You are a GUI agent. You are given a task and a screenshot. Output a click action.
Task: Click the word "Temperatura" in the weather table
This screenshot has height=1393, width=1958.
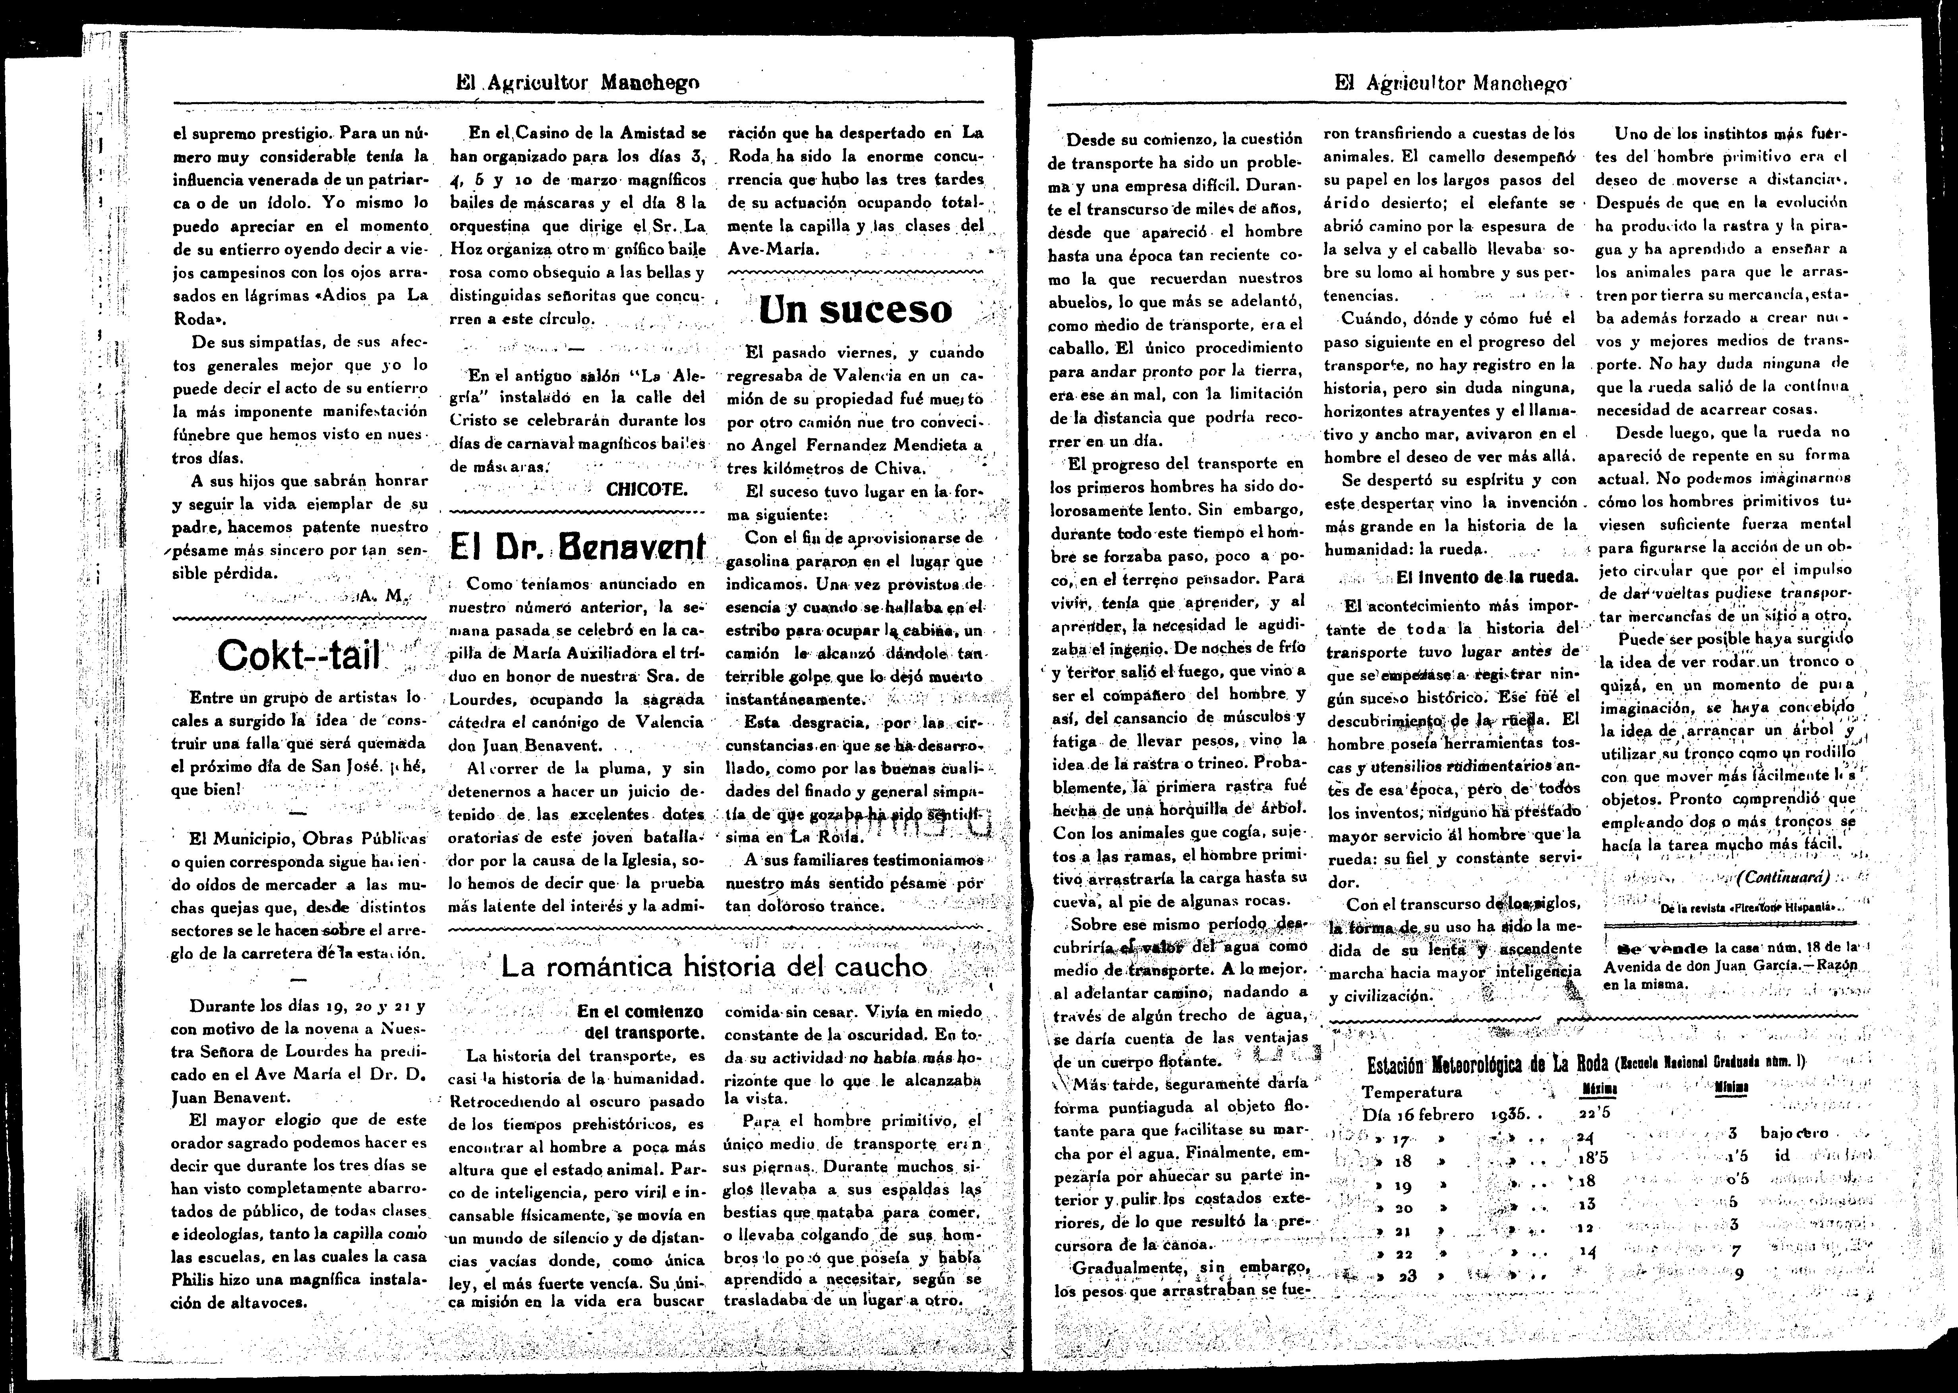tap(1412, 1092)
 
